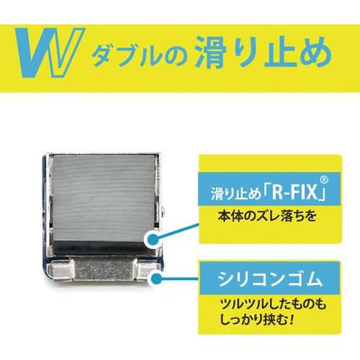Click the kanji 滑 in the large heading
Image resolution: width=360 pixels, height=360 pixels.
tap(211, 52)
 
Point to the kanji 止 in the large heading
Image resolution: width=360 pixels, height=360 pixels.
tap(279, 52)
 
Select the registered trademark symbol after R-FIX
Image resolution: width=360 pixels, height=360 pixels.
tap(324, 180)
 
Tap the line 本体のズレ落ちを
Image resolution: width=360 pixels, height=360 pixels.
tap(267, 216)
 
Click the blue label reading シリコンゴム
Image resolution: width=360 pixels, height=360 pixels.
tap(270, 278)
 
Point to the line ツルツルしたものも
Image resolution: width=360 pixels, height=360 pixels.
tap(273, 305)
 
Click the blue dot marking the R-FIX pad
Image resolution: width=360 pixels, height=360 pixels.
tap(153, 239)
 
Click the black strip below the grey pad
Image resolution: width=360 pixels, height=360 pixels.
tap(99, 247)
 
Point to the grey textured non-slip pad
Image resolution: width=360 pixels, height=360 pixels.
tap(103, 197)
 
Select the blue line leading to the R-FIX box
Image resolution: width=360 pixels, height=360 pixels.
tap(178, 231)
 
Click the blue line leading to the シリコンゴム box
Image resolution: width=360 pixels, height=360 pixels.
tap(180, 279)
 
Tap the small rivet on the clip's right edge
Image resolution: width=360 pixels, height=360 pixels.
tap(163, 211)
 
